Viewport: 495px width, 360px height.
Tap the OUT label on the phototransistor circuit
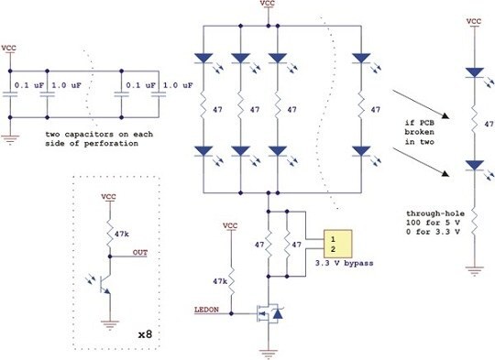click(139, 253)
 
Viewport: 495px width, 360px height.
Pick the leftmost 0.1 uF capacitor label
click(29, 86)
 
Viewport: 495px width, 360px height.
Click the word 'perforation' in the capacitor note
click(104, 147)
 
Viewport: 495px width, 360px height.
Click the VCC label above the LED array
click(268, 5)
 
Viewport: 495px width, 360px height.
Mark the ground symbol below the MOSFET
click(268, 350)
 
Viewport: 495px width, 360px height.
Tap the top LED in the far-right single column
click(474, 71)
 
